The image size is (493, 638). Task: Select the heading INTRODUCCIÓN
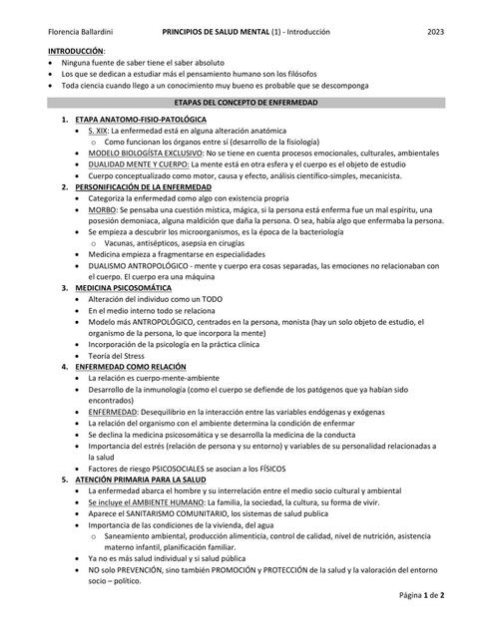(x=75, y=51)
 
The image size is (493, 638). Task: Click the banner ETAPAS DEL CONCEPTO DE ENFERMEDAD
(x=246, y=103)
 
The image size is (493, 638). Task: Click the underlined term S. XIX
(x=97, y=131)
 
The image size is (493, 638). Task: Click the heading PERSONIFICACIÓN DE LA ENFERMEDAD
(x=143, y=186)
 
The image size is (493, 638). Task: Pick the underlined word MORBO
(x=102, y=209)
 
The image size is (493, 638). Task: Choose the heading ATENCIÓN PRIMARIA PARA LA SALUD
(x=140, y=479)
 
